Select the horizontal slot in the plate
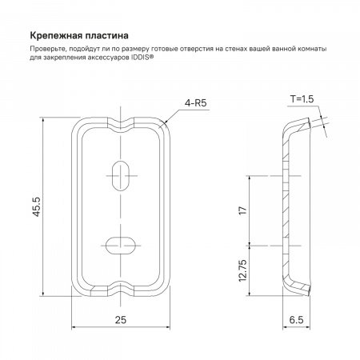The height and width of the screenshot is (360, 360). pyautogui.click(x=122, y=243)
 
